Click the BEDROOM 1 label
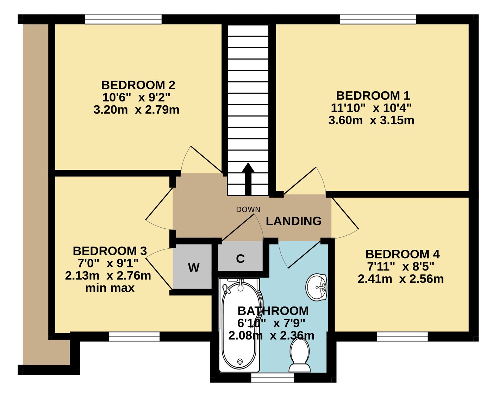point(373,95)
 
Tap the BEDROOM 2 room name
point(138,85)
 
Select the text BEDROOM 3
point(110,251)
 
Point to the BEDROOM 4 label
point(403,254)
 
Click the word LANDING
point(294,221)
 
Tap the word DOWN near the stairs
point(248,210)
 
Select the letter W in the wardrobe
point(194,267)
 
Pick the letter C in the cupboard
point(240,259)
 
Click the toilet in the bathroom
point(300,355)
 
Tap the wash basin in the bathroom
point(316,287)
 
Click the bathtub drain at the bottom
point(240,361)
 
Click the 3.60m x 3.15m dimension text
point(371,120)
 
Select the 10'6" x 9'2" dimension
point(136,98)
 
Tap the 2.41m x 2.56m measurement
point(401,279)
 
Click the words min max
point(110,288)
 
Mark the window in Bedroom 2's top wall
point(123,19)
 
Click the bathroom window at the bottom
point(273,379)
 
